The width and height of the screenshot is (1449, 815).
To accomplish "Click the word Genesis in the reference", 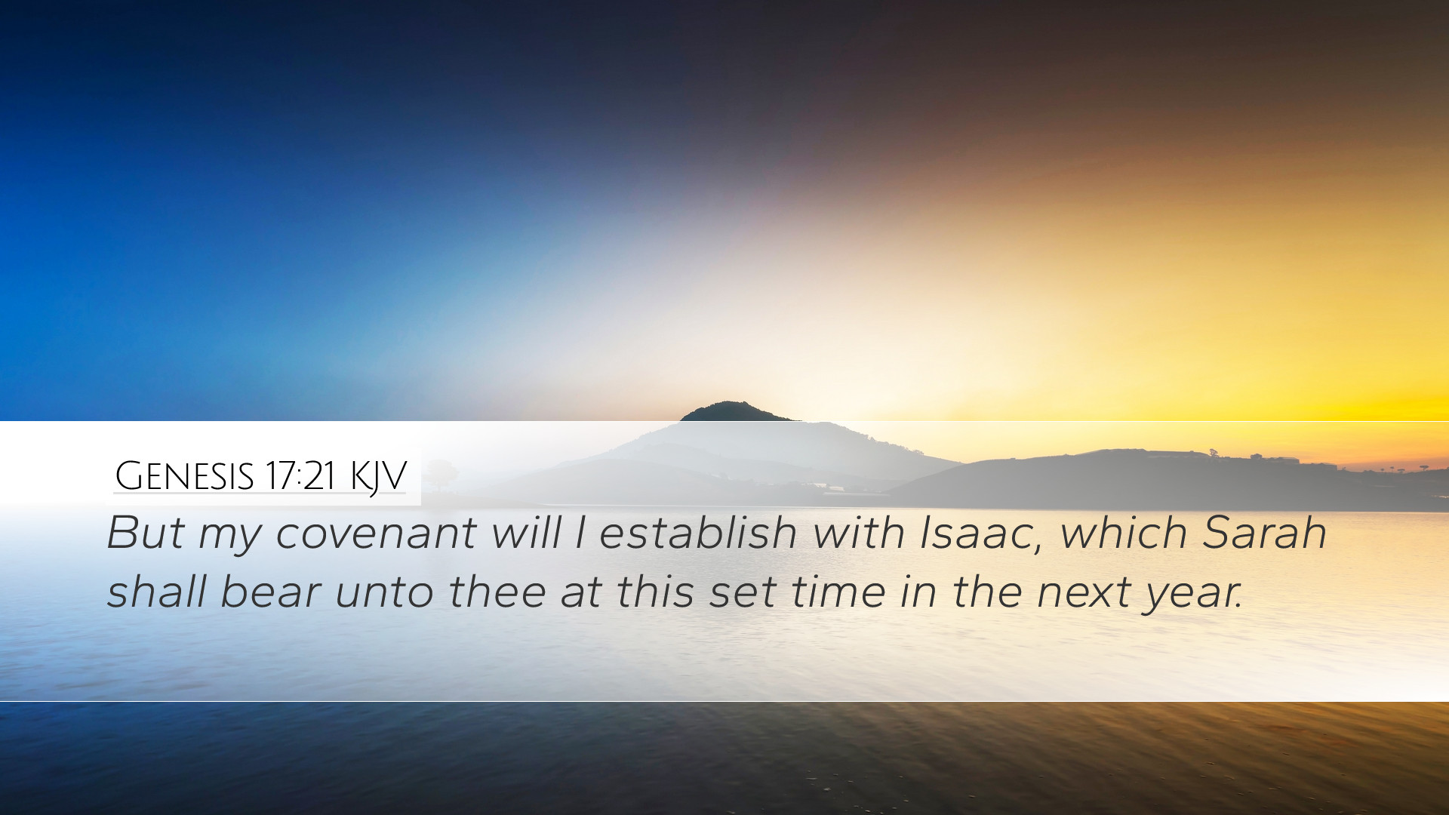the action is (x=184, y=475).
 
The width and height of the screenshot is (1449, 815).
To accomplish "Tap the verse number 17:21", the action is (x=300, y=475).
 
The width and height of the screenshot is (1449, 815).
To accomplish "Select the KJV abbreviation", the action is (x=378, y=477).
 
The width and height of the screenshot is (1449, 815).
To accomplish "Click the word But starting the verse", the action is (x=146, y=533).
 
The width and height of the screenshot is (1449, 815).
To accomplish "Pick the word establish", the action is (x=698, y=533).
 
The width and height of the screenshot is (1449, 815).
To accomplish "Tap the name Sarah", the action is (x=1264, y=533).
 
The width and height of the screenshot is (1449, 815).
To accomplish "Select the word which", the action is (x=1123, y=533).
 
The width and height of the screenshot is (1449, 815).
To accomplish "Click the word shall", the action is (x=156, y=592).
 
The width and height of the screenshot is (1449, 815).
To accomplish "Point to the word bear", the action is (x=270, y=592).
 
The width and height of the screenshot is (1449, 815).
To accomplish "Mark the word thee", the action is (x=497, y=592).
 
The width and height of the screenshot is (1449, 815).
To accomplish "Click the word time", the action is (x=838, y=592).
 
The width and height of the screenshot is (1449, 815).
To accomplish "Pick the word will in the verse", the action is (x=526, y=533).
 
